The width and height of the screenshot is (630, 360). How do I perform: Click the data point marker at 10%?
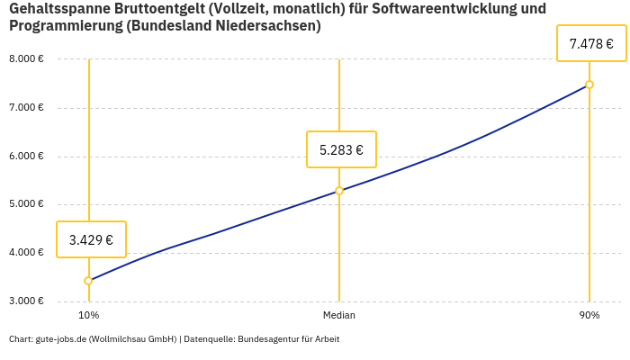[x=88, y=281]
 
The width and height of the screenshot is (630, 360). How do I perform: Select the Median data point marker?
[x=339, y=191]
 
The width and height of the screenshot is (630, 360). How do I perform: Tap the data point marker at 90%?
[x=589, y=85]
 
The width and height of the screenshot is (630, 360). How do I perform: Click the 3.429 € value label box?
[x=91, y=239]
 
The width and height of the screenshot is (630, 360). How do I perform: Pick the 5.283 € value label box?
[x=341, y=149]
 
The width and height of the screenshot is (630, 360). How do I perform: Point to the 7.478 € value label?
[x=591, y=43]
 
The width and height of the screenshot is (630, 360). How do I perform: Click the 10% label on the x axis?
[x=88, y=315]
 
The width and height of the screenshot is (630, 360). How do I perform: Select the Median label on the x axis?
[x=339, y=315]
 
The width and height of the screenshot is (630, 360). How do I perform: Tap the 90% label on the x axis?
[x=589, y=315]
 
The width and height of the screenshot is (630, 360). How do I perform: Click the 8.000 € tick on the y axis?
[x=26, y=59]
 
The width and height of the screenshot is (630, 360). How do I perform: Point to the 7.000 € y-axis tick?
[x=26, y=108]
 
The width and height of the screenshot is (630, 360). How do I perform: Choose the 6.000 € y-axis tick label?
[x=26, y=156]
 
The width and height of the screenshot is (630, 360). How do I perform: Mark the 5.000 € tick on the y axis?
[x=26, y=204]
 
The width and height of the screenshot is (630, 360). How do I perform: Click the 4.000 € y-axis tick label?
[x=26, y=253]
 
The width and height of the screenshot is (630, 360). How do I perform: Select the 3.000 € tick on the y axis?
[x=26, y=301]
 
